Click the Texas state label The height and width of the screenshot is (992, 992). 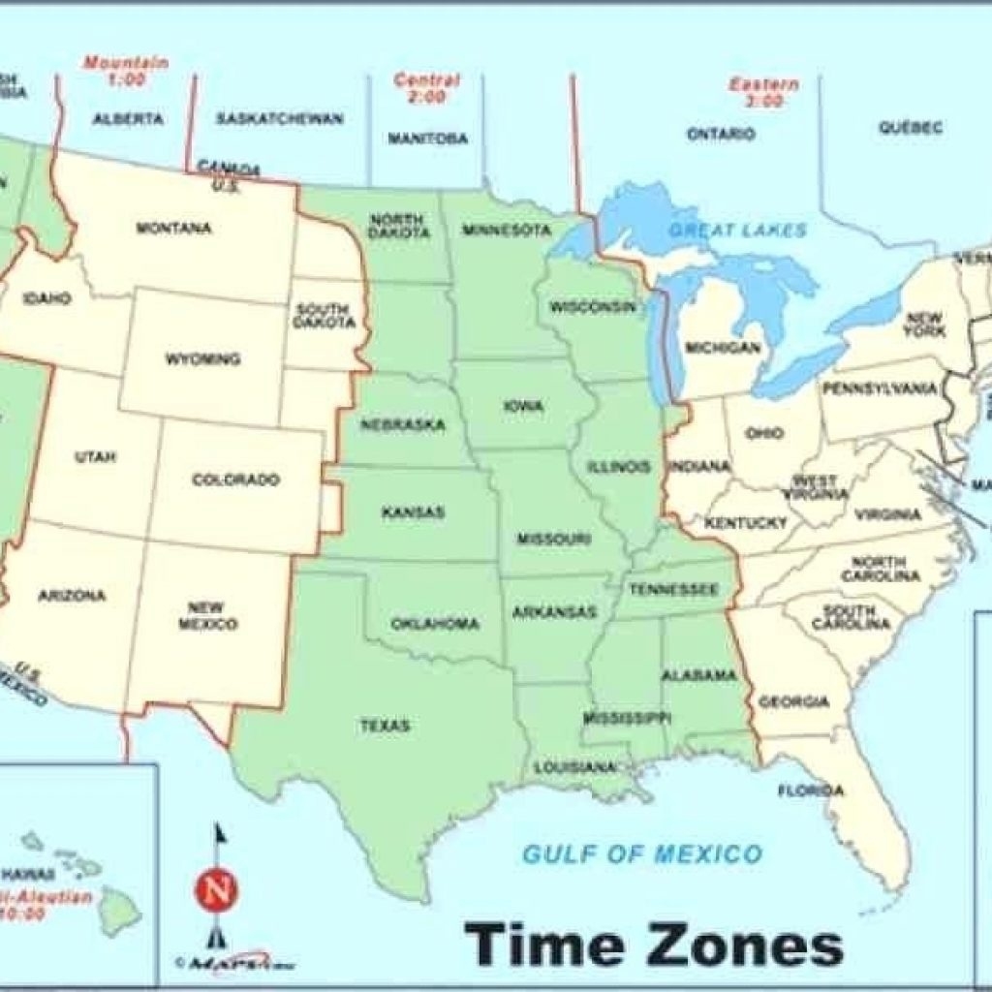pyautogui.click(x=386, y=726)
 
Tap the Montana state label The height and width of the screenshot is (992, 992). pyautogui.click(x=174, y=229)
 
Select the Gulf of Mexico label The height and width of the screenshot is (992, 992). pyautogui.click(x=641, y=854)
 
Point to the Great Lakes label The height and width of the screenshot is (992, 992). pyautogui.click(x=737, y=231)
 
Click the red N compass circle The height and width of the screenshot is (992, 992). pyautogui.click(x=217, y=886)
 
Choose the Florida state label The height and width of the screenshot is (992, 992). pyautogui.click(x=811, y=790)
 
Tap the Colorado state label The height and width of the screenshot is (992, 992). pyautogui.click(x=235, y=480)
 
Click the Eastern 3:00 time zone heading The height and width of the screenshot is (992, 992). pyautogui.click(x=764, y=92)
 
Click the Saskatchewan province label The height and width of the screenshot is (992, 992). pyautogui.click(x=279, y=119)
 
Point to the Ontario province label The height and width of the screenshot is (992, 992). pyautogui.click(x=721, y=135)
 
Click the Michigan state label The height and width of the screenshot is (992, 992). pyautogui.click(x=723, y=347)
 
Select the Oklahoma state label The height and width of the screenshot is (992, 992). pyautogui.click(x=435, y=624)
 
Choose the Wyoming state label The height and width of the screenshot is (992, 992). pyautogui.click(x=202, y=359)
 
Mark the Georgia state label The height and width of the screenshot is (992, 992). pyautogui.click(x=793, y=701)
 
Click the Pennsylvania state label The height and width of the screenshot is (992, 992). pyautogui.click(x=880, y=388)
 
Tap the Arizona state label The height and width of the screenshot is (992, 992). pyautogui.click(x=72, y=596)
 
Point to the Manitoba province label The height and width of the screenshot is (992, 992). pyautogui.click(x=427, y=139)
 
